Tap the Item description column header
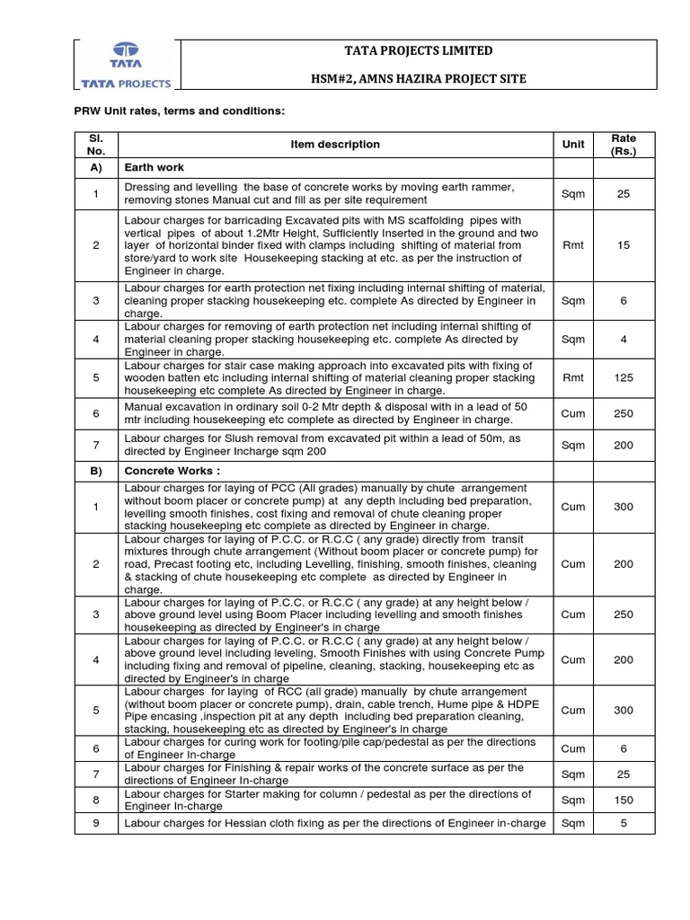(x=335, y=145)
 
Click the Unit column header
(x=573, y=145)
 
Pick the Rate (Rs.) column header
(x=624, y=145)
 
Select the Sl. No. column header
(x=96, y=145)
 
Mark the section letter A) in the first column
(x=96, y=168)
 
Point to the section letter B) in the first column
(x=96, y=471)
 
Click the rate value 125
(x=624, y=378)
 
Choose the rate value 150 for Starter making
(x=624, y=800)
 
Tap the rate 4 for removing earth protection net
(x=624, y=340)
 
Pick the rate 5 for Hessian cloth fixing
(x=624, y=823)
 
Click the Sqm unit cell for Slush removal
(x=573, y=445)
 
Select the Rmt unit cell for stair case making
(x=573, y=378)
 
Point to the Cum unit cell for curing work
(x=573, y=748)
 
